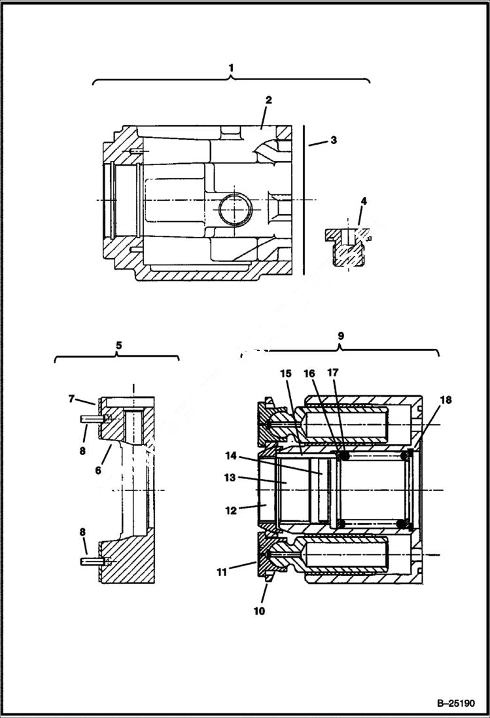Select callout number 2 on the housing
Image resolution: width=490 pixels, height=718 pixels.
[x=268, y=99]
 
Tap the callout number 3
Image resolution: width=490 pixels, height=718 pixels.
[x=333, y=140]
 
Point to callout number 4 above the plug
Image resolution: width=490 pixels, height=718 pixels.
[x=363, y=201]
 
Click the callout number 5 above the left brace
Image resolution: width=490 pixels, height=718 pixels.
[x=118, y=344]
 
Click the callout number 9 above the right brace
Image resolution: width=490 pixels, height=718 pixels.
[x=340, y=335]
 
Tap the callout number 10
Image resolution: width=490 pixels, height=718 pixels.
[x=260, y=611]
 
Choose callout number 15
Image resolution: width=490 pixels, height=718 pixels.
[x=286, y=373]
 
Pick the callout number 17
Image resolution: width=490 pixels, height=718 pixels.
[x=333, y=373]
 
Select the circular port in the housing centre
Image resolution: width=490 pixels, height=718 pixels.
[x=235, y=210]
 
